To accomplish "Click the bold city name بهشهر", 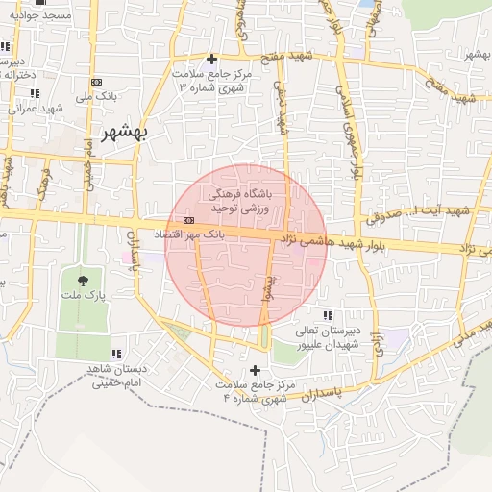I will pyautogui.click(x=128, y=133).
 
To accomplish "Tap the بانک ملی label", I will pyautogui.click(x=96, y=97).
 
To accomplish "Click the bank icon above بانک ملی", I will pyautogui.click(x=96, y=83).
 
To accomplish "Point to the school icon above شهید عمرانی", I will pyautogui.click(x=35, y=93).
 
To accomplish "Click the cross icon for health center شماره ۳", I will pyautogui.click(x=211, y=60).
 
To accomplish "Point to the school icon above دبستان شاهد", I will pyautogui.click(x=117, y=354).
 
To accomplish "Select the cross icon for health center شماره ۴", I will pyautogui.click(x=254, y=370).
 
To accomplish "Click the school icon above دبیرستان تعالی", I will pyautogui.click(x=328, y=315).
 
